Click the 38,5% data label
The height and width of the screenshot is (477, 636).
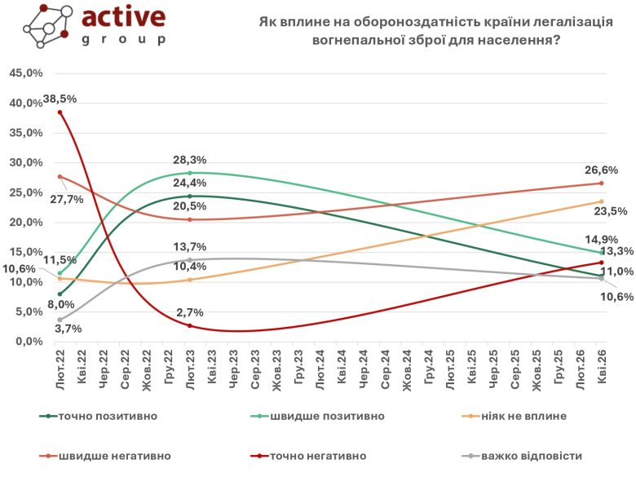60,99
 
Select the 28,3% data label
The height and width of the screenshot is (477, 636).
189,161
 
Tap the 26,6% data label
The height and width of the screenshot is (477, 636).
601,170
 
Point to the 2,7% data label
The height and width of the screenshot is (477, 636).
190,312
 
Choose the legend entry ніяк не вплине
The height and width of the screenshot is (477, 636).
529,416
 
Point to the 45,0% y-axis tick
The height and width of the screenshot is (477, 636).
24,73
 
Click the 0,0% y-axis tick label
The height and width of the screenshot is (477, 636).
28,342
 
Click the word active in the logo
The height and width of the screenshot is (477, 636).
124,17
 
